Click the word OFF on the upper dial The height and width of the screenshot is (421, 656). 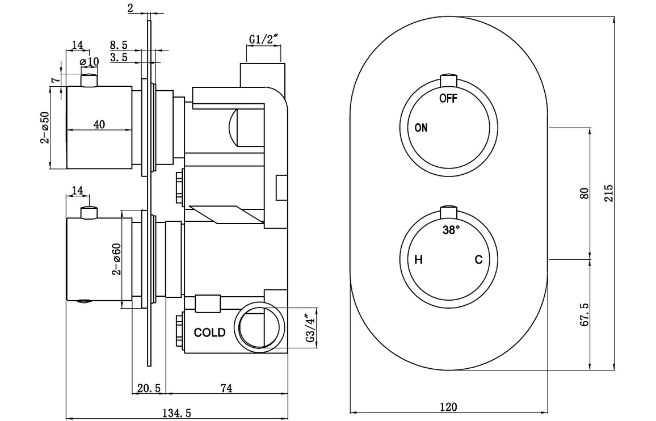point(448,98)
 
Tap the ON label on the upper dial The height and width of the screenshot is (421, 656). point(421,128)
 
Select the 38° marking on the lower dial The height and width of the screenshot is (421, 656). point(451,231)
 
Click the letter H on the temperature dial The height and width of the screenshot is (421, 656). point(419,260)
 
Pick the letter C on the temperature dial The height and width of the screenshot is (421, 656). point(478,260)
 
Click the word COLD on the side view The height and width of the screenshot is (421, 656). point(210,332)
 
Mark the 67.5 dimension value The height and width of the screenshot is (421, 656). point(586,314)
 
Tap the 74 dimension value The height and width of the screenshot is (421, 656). point(226,388)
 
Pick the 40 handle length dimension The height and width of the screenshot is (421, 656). point(99,125)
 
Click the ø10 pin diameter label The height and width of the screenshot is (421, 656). point(90,61)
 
